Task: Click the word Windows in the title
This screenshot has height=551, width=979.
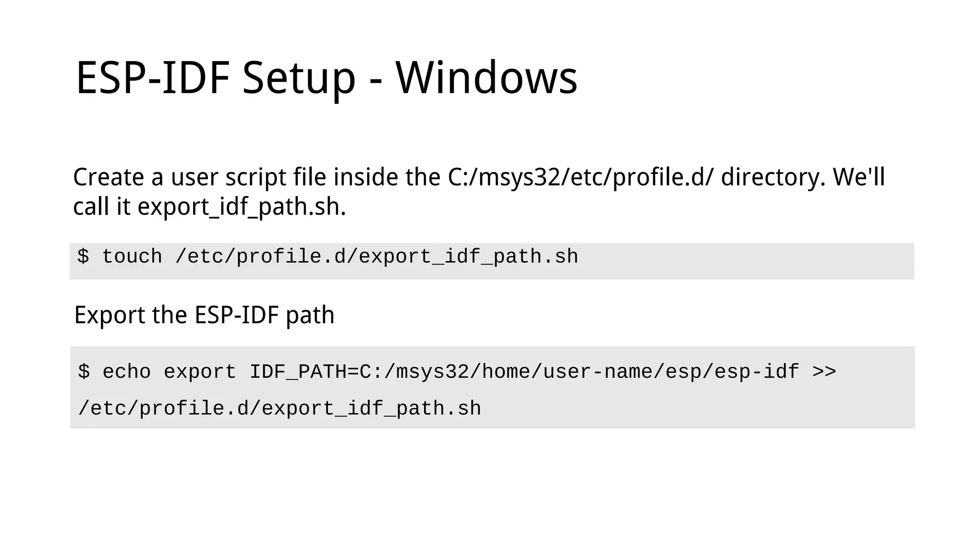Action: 486,78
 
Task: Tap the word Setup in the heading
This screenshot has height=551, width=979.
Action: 299,78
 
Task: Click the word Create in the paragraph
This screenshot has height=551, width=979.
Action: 109,177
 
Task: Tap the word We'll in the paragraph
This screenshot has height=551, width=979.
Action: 859,177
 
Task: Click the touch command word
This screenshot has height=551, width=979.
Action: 132,257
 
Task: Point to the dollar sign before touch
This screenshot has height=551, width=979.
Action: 83,257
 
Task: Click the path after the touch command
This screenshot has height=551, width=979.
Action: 377,257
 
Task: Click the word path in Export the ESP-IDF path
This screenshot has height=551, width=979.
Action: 310,315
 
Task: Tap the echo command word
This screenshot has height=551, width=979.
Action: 127,372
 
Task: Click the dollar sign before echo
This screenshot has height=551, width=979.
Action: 84,372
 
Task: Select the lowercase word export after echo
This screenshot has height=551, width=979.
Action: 200,372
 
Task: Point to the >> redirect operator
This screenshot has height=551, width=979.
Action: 824,372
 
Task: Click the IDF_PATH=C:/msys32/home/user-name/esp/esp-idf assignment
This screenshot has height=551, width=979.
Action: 524,372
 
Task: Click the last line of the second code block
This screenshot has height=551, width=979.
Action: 280,409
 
